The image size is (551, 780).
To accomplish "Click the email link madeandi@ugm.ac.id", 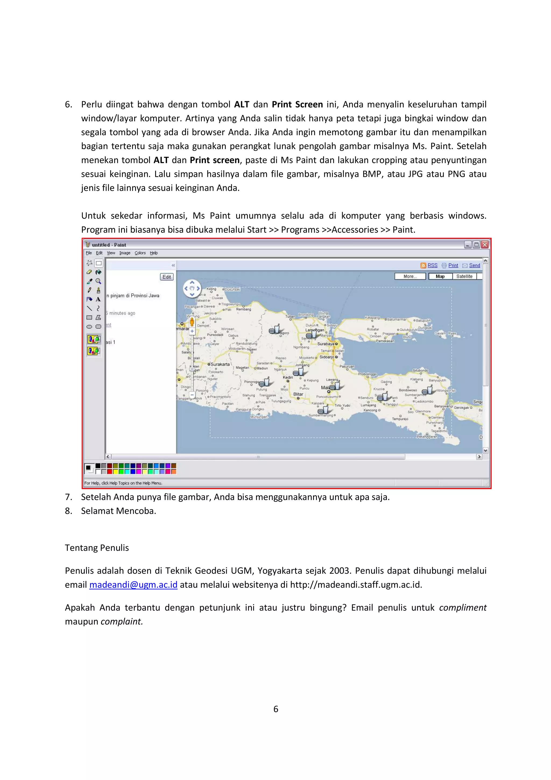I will [x=133, y=584].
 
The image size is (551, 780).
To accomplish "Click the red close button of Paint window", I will [x=485, y=245].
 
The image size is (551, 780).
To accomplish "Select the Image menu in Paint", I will [x=125, y=253].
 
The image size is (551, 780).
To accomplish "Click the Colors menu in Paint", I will [x=140, y=253].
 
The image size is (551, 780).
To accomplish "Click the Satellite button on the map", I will [x=464, y=276].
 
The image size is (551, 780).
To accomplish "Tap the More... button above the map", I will [x=410, y=276].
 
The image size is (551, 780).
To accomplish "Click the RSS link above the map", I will [x=432, y=265].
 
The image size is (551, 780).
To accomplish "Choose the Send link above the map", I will [x=474, y=265].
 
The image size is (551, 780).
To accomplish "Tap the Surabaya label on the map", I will [x=326, y=344].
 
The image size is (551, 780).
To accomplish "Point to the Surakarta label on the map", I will [x=220, y=364].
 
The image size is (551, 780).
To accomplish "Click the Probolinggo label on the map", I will [x=367, y=374].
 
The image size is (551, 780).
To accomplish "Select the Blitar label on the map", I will [x=298, y=394].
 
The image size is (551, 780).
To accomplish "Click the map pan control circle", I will [x=192, y=289].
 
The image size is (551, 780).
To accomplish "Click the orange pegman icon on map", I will [x=192, y=322].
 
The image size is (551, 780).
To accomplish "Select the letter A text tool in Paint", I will [x=98, y=299].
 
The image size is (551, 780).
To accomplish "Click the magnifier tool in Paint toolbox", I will [x=98, y=281].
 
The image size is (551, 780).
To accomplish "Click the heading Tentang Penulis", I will [x=97, y=548].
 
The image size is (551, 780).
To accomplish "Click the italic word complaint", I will [x=122, y=621].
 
